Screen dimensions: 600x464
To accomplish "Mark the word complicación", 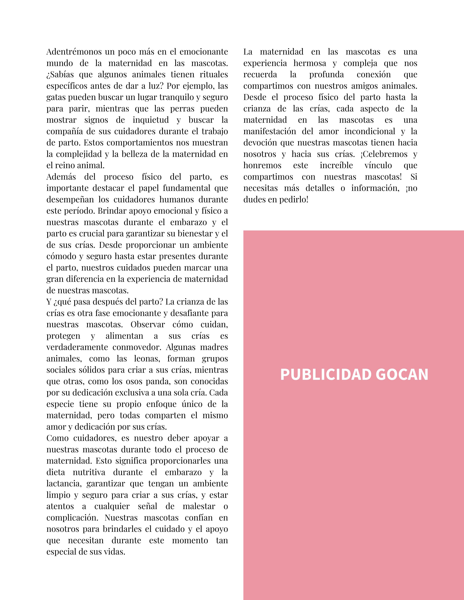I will click(x=72, y=518).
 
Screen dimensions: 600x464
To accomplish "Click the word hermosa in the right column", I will click(x=310, y=63).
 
